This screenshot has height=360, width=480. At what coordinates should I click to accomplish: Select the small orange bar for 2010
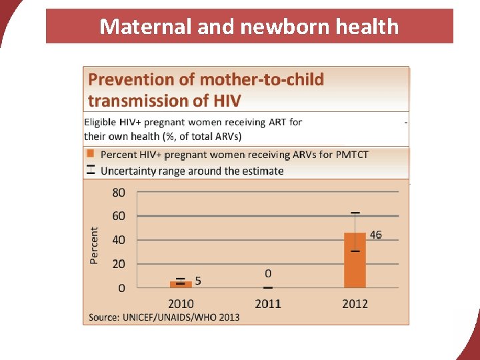180,284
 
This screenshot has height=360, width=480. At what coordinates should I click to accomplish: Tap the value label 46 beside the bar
376,235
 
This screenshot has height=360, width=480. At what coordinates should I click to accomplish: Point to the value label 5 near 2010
198,281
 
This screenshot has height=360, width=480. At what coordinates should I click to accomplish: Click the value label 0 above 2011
268,273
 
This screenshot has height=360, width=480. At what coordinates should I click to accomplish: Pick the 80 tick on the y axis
118,193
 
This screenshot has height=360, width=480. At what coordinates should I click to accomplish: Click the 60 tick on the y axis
118,216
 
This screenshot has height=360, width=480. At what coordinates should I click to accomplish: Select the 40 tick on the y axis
118,240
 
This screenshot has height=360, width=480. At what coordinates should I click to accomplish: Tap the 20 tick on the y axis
118,264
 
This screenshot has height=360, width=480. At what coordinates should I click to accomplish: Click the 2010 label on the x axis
181,304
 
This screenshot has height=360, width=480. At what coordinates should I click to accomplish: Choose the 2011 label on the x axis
268,304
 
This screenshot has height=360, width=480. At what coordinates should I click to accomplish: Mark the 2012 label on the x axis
355,304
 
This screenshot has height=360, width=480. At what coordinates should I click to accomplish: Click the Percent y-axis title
94,245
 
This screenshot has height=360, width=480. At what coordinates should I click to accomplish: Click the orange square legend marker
91,154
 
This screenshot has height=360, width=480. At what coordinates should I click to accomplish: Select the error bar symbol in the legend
91,170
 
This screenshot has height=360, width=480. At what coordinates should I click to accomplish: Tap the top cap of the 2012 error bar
355,213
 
